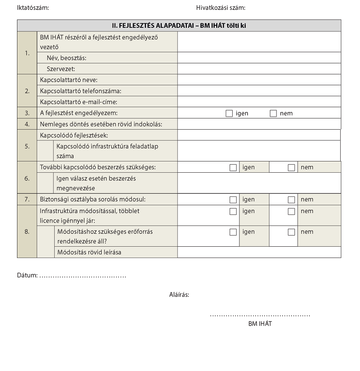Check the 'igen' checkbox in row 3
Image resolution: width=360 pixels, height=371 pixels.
pyautogui.click(x=229, y=113)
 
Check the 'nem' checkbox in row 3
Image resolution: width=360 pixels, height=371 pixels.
pyautogui.click(x=273, y=113)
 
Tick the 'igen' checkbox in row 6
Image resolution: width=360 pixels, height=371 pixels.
pyautogui.click(x=233, y=168)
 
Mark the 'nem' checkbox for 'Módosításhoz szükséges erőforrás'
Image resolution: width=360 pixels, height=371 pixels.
pyautogui.click(x=291, y=232)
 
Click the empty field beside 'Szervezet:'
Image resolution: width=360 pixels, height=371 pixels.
pyautogui.click(x=259, y=69)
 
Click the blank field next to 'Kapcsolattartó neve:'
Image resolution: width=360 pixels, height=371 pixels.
pyautogui.click(x=259, y=80)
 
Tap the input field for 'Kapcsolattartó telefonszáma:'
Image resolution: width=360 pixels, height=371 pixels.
pyautogui.click(x=259, y=91)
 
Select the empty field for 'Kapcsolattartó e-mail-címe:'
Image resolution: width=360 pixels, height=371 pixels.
pyautogui.click(x=259, y=102)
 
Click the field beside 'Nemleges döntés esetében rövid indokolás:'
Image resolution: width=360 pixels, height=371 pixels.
pyautogui.click(x=259, y=124)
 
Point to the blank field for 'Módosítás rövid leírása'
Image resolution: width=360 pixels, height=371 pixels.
pyautogui.click(x=259, y=253)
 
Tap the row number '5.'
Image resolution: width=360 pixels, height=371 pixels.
pyautogui.click(x=27, y=146)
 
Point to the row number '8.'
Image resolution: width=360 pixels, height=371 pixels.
pyautogui.click(x=27, y=232)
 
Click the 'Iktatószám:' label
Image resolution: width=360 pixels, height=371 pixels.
pyautogui.click(x=33, y=8)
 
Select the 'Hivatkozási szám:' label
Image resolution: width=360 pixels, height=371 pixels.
pyautogui.click(x=221, y=8)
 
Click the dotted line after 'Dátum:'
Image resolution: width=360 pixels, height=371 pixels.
pyautogui.click(x=83, y=275)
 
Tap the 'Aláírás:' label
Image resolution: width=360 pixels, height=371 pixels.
pyautogui.click(x=179, y=295)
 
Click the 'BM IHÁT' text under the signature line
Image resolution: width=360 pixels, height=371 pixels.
pyautogui.click(x=260, y=323)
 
